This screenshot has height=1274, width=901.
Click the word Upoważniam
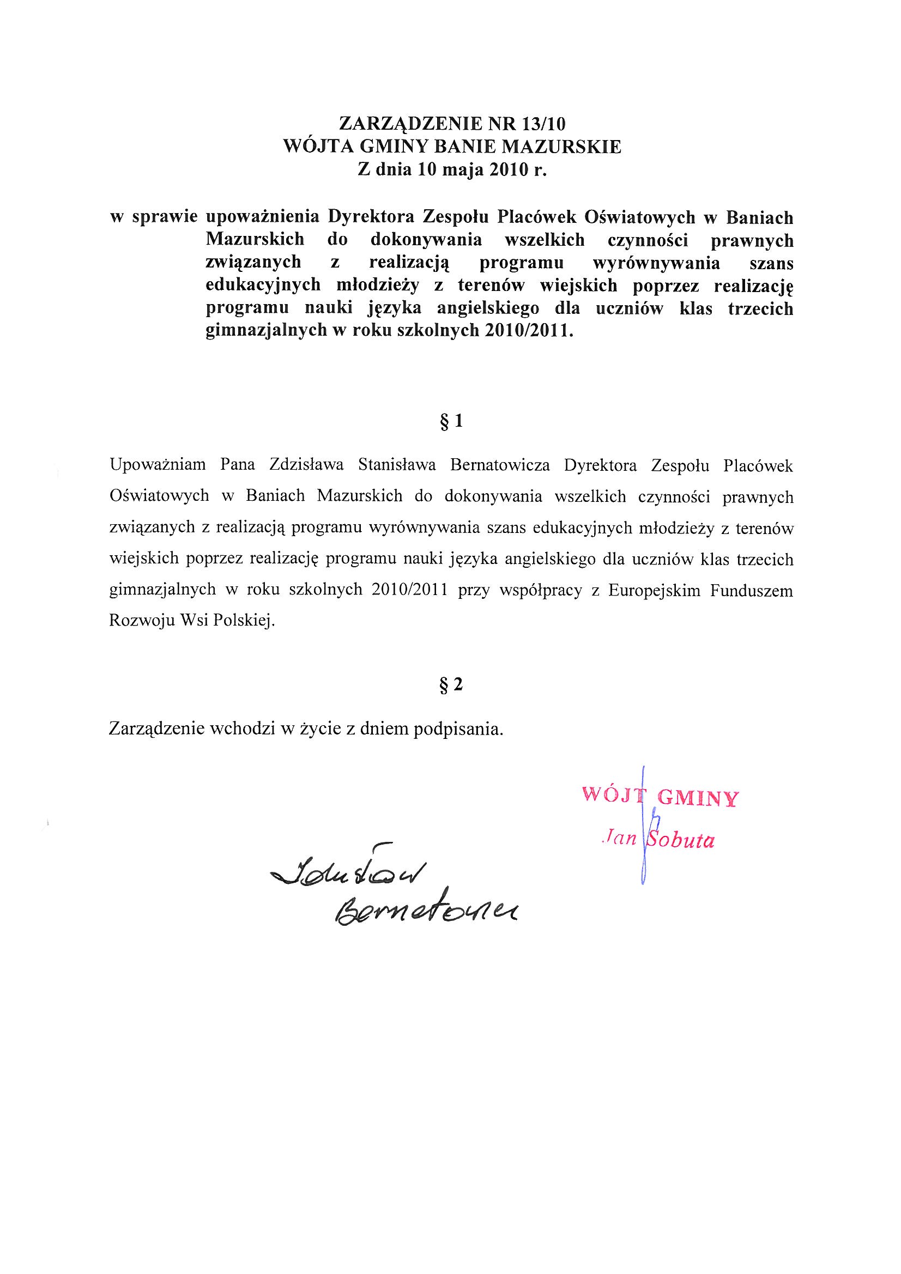tap(158, 465)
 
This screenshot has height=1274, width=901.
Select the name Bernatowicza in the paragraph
tap(500, 465)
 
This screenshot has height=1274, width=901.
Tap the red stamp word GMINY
tap(697, 798)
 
